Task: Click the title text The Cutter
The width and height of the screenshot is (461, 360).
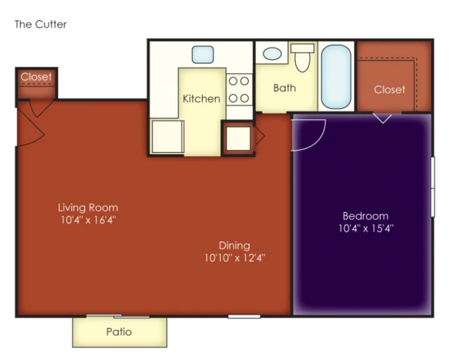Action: pos(41,24)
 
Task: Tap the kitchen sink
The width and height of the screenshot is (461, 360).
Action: pos(203,55)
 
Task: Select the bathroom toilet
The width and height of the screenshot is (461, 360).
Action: pos(302,58)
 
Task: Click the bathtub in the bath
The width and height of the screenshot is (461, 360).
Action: pos(336,77)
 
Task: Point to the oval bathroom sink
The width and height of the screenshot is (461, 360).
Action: pos(272,54)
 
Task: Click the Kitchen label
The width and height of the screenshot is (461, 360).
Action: pos(202,99)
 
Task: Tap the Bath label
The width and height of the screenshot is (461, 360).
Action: pos(284,88)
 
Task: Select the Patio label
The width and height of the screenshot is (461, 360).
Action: pos(119,332)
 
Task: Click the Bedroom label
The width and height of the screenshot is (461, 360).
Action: pos(365,216)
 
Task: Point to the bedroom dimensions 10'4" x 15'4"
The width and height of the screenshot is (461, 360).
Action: pos(366,228)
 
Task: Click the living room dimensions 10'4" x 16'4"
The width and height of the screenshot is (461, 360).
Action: pos(88,220)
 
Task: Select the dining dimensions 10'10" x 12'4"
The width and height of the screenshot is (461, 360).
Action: pos(235,258)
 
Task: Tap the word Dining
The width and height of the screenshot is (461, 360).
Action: pos(234,245)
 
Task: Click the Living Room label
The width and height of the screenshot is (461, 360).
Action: pos(88,208)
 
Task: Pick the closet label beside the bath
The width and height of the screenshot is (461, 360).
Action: pos(389,90)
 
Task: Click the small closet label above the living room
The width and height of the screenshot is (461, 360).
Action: pos(36,77)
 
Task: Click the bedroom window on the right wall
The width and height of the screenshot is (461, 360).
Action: pos(433,187)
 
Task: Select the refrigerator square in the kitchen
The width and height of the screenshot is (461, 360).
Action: pos(168,137)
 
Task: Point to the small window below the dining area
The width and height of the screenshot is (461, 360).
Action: pos(244,317)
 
